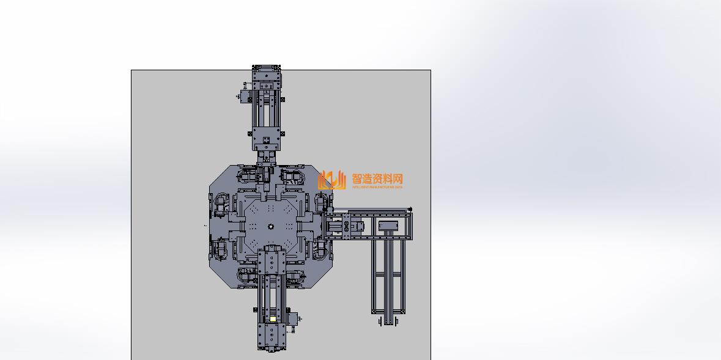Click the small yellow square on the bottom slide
pyautogui.click(x=273, y=318)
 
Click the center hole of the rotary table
pyautogui.click(x=270, y=227)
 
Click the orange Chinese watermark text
pyautogui.click(x=377, y=179)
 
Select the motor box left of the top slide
pyautogui.click(x=246, y=97)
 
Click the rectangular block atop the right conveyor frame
pyautogui.click(x=388, y=226)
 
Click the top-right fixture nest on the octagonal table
pyautogui.click(x=294, y=177)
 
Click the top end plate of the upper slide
pyautogui.click(x=267, y=69)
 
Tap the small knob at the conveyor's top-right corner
pyautogui.click(x=410, y=210)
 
